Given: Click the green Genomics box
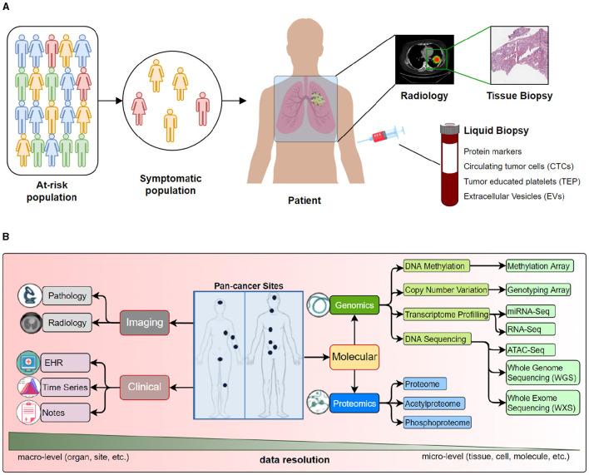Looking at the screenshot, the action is (x=354, y=305).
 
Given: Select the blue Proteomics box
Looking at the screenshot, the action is (x=354, y=403).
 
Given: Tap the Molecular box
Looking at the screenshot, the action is (x=354, y=357).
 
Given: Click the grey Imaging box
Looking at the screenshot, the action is (x=145, y=323).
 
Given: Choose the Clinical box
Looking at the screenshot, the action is (x=145, y=387).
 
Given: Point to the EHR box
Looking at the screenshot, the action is (x=66, y=363).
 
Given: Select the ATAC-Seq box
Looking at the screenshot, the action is (x=530, y=350).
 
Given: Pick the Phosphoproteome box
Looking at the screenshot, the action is (x=438, y=423).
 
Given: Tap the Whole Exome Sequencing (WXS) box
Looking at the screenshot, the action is (x=542, y=403).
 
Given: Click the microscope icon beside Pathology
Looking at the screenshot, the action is (x=30, y=295).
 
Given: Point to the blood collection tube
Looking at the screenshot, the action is (x=449, y=166).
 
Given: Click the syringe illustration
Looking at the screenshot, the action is (x=381, y=135).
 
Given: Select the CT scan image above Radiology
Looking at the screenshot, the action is (x=424, y=59).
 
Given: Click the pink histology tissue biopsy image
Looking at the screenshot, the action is (x=519, y=55).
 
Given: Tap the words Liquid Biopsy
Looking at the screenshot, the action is (x=496, y=131).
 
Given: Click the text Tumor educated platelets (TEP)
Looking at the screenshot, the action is (x=522, y=181).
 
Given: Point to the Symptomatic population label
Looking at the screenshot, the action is (x=171, y=185).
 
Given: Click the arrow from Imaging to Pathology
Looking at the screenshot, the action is (x=106, y=309).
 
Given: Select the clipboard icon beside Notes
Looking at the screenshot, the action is (x=28, y=413).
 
